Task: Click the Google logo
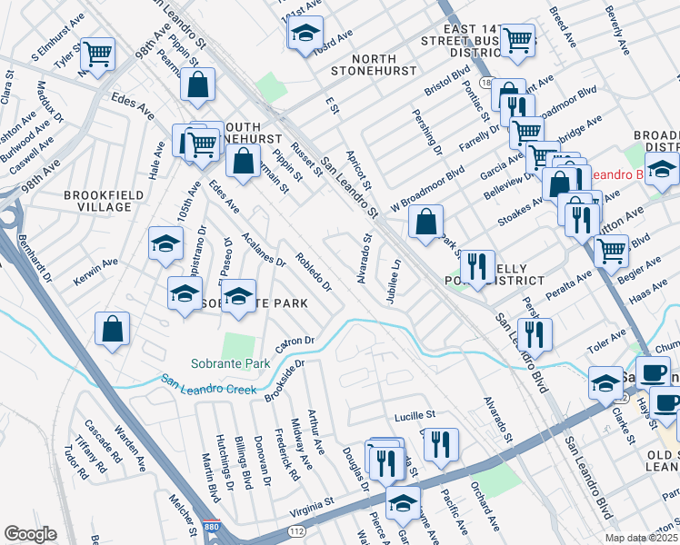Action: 30,534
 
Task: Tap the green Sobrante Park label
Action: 231,363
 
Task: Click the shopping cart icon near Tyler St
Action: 97,54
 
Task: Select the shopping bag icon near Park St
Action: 426,221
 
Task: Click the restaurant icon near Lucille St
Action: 441,444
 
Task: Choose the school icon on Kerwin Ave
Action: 165,243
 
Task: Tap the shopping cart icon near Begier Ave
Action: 612,248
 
